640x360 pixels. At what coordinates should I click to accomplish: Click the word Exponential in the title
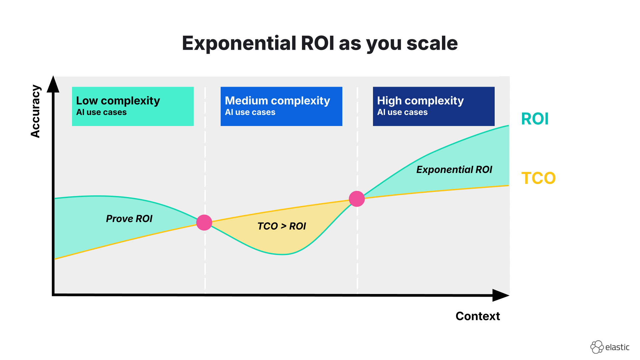[239, 43]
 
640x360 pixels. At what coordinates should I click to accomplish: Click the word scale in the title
[432, 43]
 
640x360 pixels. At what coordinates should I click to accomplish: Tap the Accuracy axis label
[35, 111]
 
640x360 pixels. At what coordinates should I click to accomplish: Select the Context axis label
[477, 316]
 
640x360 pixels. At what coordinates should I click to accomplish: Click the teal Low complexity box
[133, 106]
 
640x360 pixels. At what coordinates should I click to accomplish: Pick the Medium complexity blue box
[281, 106]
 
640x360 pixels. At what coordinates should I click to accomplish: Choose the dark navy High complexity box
[433, 106]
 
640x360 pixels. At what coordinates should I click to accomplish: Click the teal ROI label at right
[535, 119]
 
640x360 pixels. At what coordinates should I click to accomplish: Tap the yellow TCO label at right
[538, 178]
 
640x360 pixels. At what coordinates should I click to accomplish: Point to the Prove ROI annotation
[129, 219]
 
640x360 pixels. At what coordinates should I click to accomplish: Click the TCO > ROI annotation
[282, 226]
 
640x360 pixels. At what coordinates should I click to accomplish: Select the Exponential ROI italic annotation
[454, 170]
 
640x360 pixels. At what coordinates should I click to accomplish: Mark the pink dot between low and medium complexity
[204, 222]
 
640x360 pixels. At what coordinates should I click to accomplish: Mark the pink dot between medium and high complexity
[357, 199]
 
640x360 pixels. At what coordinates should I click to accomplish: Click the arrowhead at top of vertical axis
[53, 85]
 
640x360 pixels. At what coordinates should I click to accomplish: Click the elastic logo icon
[597, 347]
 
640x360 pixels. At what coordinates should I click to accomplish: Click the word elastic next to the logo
[617, 347]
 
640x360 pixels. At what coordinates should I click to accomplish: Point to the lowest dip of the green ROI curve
[283, 254]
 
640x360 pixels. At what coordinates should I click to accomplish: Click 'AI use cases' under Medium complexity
[250, 112]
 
